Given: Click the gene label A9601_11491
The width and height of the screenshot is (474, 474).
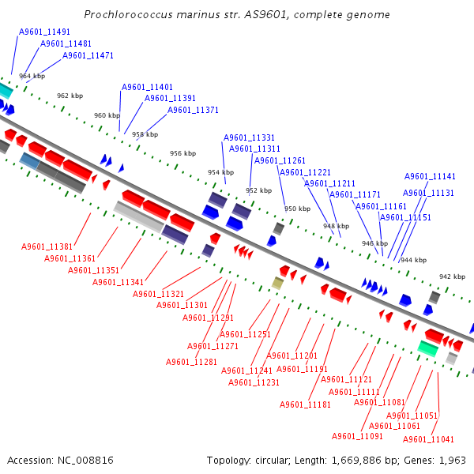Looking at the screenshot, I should point(44,32).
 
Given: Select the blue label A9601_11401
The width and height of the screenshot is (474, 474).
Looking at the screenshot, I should point(147,87).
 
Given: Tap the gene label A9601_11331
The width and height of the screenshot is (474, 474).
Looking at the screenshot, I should point(249,137).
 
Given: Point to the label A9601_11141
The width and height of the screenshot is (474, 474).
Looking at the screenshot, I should point(430,176).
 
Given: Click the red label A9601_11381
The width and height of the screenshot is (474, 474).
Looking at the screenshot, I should point(47,246).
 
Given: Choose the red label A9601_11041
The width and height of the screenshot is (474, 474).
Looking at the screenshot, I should point(428,439).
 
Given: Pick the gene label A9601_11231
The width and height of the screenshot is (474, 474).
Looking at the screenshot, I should point(254,382).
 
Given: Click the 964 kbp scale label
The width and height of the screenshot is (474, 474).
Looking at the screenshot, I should point(32,76).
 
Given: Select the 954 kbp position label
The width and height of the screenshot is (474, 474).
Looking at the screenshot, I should point(220,172).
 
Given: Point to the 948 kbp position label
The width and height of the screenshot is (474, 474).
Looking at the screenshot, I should point(336,226).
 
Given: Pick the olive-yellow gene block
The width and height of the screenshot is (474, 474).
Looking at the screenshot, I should point(277,283).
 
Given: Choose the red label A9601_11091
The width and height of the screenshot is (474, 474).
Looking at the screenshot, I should point(357,436).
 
